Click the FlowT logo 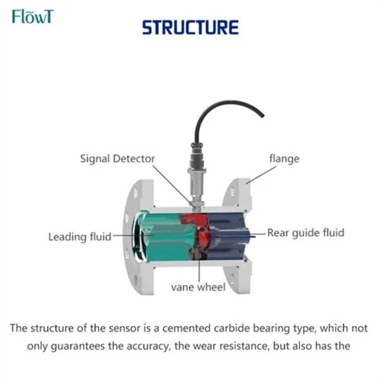coord(32,17)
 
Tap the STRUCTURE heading coord(190,27)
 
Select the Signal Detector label coord(117,158)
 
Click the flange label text coord(284,158)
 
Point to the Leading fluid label coord(80,237)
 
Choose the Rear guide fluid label coord(306,233)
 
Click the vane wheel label coord(198,287)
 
